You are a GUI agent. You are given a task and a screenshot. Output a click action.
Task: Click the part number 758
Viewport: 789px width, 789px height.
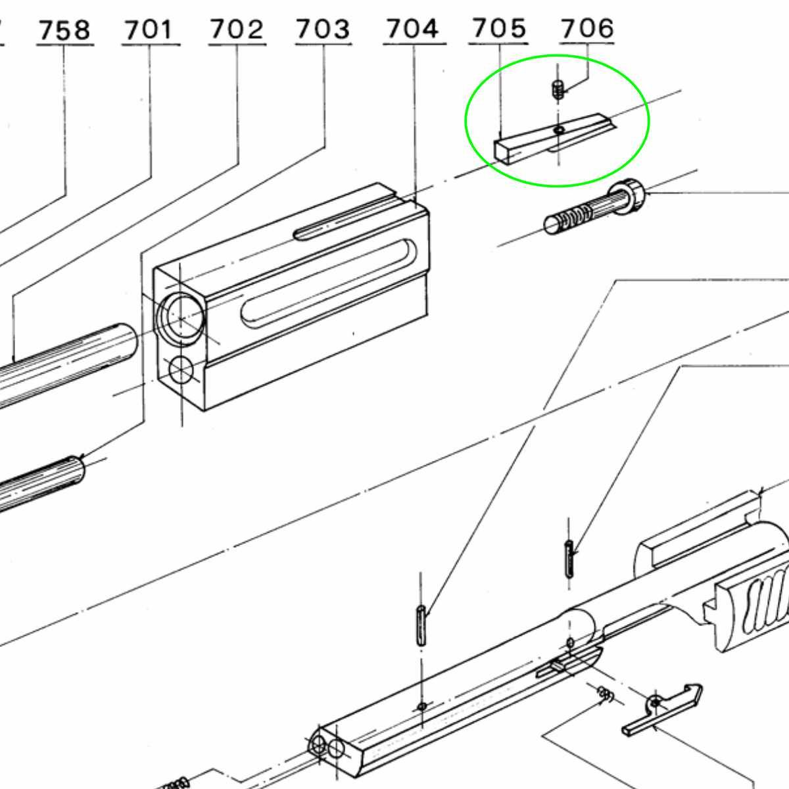click(x=64, y=30)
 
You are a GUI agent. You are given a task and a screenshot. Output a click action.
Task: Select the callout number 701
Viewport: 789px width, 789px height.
click(x=149, y=30)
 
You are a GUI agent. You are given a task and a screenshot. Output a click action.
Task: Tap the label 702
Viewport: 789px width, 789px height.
click(x=237, y=30)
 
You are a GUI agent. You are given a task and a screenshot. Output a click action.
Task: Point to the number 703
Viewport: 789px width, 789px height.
click(x=323, y=30)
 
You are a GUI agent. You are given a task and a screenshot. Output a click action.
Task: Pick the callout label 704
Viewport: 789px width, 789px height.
click(x=413, y=29)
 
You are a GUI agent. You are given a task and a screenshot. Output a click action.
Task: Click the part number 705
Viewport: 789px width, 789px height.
click(x=498, y=28)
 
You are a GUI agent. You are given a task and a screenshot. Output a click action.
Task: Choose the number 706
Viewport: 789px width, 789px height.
click(x=587, y=28)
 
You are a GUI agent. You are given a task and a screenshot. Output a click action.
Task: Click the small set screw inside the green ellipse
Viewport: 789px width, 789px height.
click(x=557, y=89)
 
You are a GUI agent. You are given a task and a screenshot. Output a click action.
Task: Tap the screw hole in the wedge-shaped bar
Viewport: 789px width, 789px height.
click(x=560, y=130)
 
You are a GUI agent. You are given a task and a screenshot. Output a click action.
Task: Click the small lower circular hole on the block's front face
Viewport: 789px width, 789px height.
click(x=181, y=370)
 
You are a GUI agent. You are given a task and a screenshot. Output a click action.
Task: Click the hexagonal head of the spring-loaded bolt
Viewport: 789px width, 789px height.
click(x=627, y=197)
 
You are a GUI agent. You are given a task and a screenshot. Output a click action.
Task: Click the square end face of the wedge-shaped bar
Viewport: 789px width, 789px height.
click(x=502, y=151)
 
